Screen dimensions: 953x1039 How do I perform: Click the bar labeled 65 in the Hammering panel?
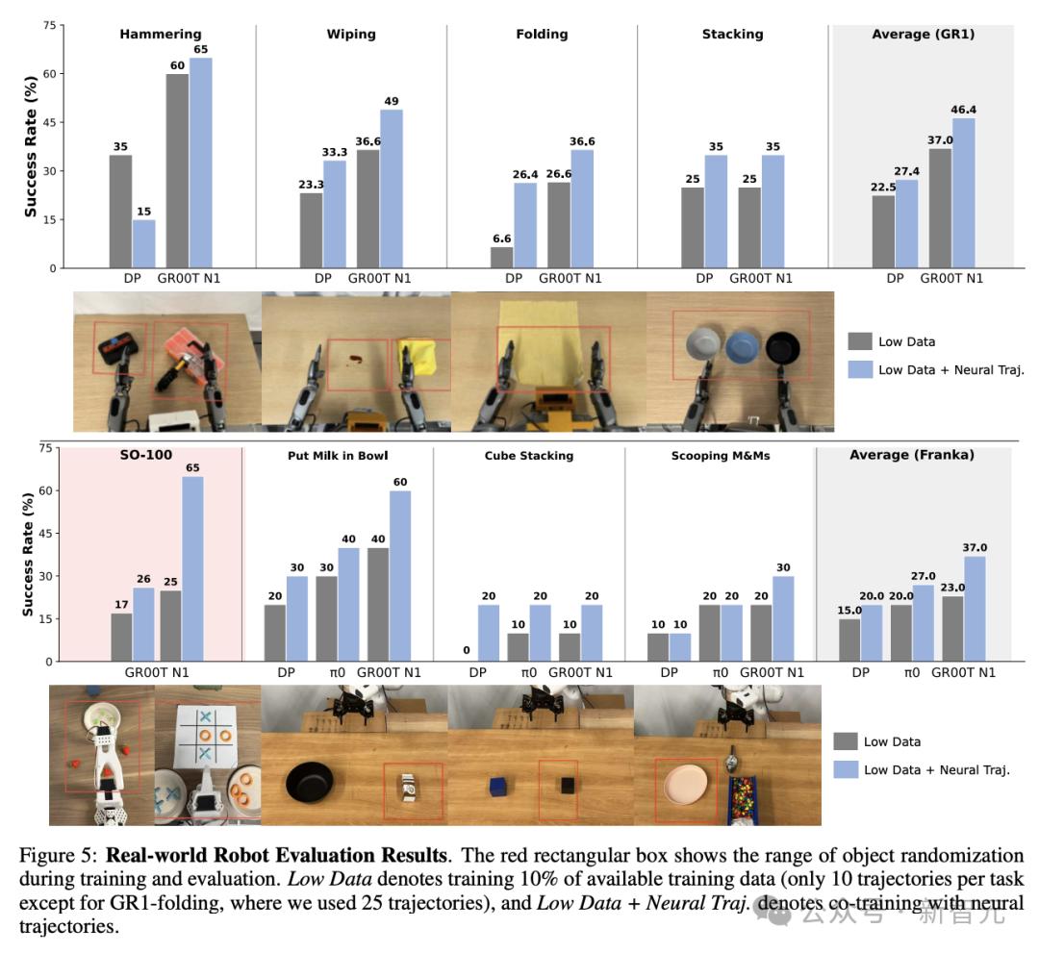pos(200,163)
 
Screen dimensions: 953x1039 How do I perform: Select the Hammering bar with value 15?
pos(143,244)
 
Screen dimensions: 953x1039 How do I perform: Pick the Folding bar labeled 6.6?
pos(501,258)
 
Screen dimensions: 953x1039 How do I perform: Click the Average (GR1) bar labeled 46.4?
pos(964,192)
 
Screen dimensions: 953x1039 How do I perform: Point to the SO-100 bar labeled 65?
pos(193,568)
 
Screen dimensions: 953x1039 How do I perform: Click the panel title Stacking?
pos(732,35)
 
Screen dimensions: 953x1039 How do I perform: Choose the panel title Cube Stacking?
pos(528,455)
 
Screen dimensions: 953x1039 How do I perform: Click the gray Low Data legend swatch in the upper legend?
pos(860,341)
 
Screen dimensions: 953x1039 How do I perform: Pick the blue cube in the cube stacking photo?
pos(497,787)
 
